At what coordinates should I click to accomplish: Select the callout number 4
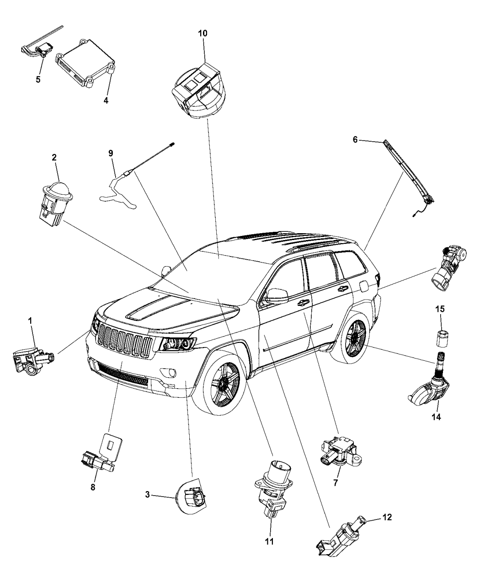click(x=106, y=88)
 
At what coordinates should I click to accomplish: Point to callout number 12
click(x=387, y=518)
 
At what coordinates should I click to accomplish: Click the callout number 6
click(x=355, y=142)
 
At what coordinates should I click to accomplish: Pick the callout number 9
click(x=111, y=153)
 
